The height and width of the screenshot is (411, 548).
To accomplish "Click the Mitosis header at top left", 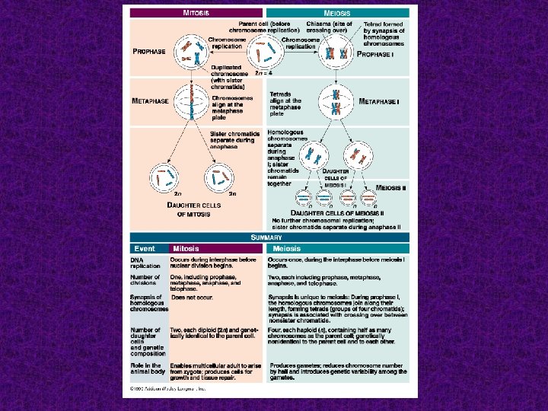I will click(x=196, y=13).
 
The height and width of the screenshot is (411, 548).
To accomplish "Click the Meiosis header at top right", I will click(x=337, y=13).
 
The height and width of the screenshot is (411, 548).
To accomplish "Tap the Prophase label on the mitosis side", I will click(x=149, y=51).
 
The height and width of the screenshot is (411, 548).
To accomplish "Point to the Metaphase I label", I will click(x=380, y=101).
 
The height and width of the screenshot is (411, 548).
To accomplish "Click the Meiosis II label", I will click(x=392, y=187).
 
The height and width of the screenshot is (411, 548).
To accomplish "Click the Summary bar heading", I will click(x=266, y=237).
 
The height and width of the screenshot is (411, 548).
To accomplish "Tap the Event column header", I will click(x=145, y=249).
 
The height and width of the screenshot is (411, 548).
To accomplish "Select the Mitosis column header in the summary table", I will click(x=186, y=249).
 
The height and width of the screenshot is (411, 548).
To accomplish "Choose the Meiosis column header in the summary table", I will click(x=286, y=249).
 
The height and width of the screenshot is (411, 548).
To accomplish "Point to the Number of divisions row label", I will click(x=145, y=280).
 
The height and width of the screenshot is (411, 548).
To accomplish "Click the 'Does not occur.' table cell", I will click(x=191, y=297).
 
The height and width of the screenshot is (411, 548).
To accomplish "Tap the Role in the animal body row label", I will click(x=146, y=369).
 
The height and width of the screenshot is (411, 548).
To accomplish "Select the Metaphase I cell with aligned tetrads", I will click(x=335, y=103).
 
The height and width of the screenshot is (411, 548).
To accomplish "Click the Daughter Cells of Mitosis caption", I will click(x=195, y=209).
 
